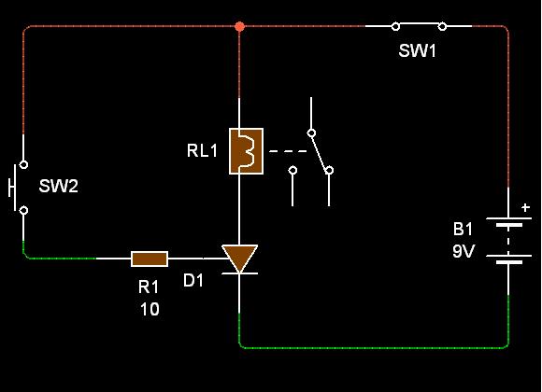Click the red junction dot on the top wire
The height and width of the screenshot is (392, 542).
pyautogui.click(x=239, y=26)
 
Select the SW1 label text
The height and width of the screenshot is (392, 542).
pyautogui.click(x=417, y=50)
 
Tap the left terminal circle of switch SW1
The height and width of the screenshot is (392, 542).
pyautogui.click(x=396, y=26)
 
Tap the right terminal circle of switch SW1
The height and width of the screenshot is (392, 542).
pyautogui.click(x=442, y=26)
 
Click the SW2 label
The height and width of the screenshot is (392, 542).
pyautogui.click(x=59, y=186)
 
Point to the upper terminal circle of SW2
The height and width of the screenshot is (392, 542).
pyautogui.click(x=23, y=164)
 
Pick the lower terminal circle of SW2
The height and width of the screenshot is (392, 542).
pyautogui.click(x=23, y=210)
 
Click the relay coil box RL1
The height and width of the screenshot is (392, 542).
pyautogui.click(x=246, y=151)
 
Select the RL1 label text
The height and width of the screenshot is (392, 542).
pyautogui.click(x=202, y=150)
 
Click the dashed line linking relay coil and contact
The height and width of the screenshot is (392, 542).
pyautogui.click(x=288, y=151)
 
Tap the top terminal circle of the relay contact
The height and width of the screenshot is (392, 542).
pyautogui.click(x=311, y=133)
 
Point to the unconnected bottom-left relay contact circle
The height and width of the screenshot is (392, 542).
pyautogui.click(x=292, y=170)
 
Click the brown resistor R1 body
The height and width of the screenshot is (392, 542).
pyautogui.click(x=150, y=259)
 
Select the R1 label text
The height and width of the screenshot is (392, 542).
pyautogui.click(x=149, y=287)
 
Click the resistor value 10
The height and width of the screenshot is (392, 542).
pyautogui.click(x=150, y=310)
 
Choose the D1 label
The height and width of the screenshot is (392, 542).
pyautogui.click(x=193, y=280)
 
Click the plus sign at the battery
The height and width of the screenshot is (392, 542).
pyautogui.click(x=525, y=207)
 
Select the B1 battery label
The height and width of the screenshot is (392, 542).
pyautogui.click(x=463, y=229)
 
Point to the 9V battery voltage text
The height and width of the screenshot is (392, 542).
pyautogui.click(x=464, y=251)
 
